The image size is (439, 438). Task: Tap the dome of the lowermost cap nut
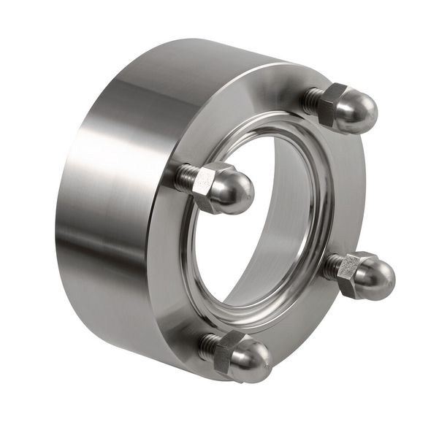[x=250, y=361]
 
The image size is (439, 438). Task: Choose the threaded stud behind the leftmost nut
[x=186, y=175]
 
